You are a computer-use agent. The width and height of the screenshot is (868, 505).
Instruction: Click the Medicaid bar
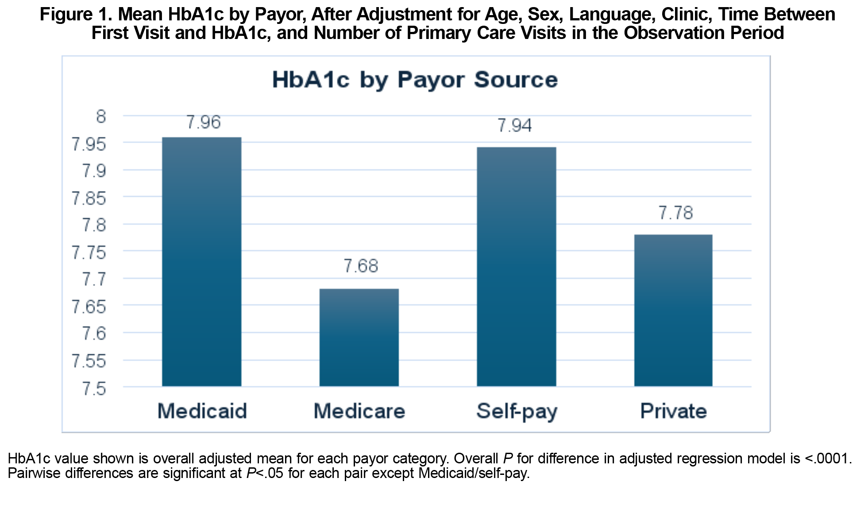(x=201, y=261)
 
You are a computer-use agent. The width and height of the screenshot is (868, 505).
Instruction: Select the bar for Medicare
(x=359, y=337)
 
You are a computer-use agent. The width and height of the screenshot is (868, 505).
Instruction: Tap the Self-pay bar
(x=516, y=266)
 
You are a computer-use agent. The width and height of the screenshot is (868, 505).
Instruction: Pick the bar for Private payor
(x=673, y=310)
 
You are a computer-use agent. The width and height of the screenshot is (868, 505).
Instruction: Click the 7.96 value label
(x=203, y=122)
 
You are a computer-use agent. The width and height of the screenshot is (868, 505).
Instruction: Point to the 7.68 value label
(x=361, y=266)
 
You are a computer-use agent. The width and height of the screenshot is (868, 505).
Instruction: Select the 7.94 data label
(x=514, y=125)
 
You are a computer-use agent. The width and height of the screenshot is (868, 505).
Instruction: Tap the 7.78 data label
(x=675, y=213)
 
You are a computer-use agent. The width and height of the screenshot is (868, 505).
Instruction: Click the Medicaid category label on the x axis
(x=202, y=411)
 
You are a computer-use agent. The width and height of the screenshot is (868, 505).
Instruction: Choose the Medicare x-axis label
(x=359, y=411)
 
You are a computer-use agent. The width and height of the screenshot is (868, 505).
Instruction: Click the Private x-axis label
(x=673, y=411)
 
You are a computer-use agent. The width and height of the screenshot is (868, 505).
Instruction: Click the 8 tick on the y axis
(x=101, y=117)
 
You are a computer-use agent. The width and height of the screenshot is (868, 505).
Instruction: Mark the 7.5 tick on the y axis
(x=94, y=388)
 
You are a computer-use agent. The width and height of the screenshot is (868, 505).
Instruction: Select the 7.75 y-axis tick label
(x=89, y=252)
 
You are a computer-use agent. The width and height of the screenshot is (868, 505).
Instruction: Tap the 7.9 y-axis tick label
(x=94, y=171)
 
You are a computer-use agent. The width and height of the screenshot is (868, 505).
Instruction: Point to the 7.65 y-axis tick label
(x=89, y=307)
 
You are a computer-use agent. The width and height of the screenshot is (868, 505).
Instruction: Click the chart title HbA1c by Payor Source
(x=415, y=80)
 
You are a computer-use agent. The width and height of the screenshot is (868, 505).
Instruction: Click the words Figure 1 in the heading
(x=74, y=15)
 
